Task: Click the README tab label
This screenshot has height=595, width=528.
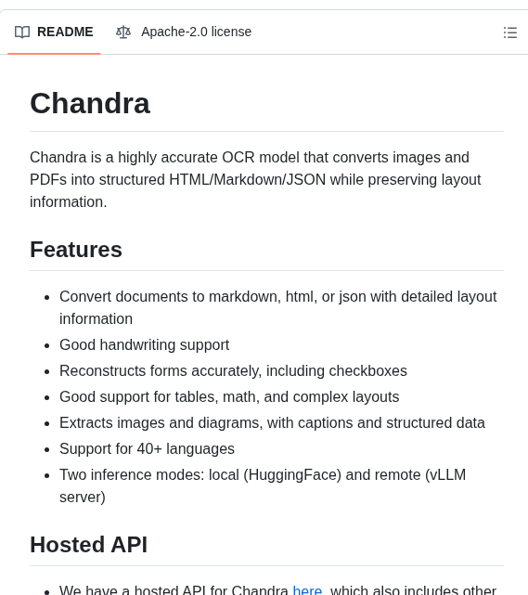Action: point(65,32)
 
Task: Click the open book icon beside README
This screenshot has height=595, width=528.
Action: point(22,32)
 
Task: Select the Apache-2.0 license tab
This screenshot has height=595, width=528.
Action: point(196,32)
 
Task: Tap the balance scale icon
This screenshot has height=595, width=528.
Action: point(123,32)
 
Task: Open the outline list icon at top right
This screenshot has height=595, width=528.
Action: point(510,32)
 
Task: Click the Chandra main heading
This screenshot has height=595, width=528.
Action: point(90,103)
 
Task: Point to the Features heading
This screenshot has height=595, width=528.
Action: point(76,249)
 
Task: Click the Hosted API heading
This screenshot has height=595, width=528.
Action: point(88,544)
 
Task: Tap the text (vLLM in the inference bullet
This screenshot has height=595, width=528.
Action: point(444,474)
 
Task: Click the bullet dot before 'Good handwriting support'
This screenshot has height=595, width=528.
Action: point(46,345)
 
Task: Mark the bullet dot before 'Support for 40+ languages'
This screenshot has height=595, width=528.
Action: point(46,449)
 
